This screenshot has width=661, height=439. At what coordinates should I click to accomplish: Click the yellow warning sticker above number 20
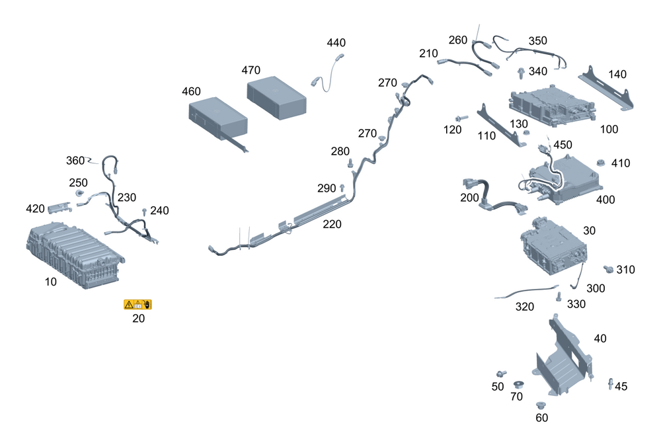pos(137,304)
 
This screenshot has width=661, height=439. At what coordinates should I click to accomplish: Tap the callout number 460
pos(191,91)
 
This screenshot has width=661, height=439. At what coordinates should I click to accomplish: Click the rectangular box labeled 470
pos(277,97)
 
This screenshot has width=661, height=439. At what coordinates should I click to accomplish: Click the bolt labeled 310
pos(609,268)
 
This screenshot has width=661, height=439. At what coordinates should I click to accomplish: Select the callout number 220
pos(332,225)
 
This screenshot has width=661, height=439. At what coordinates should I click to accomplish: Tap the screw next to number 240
pos(144,212)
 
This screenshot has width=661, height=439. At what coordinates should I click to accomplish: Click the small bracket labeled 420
pos(59,208)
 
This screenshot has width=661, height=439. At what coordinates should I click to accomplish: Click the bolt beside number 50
pos(500,375)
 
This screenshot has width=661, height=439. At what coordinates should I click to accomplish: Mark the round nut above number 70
pos(518,384)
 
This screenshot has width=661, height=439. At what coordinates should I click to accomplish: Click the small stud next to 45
pos(610,383)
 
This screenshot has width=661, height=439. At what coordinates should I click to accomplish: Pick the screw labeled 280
pos(350,163)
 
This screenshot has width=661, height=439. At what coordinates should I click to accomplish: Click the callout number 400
pos(605,199)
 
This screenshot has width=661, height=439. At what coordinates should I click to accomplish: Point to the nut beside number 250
pos(79,193)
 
